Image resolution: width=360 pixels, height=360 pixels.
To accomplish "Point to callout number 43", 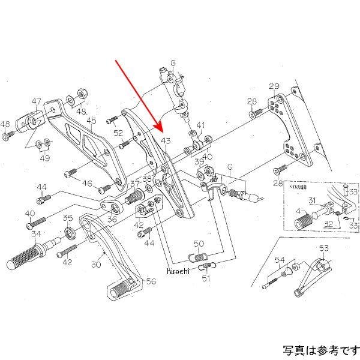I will (x=166, y=141).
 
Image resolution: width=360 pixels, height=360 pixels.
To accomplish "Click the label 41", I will (x=200, y=126).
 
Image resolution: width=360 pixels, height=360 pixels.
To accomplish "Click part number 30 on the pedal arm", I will (x=96, y=265).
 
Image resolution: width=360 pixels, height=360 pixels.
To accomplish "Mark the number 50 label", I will (x=199, y=243).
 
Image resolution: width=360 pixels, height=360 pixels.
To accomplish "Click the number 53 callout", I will (x=324, y=248).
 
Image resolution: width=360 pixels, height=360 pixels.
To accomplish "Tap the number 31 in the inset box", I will (x=312, y=200).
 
